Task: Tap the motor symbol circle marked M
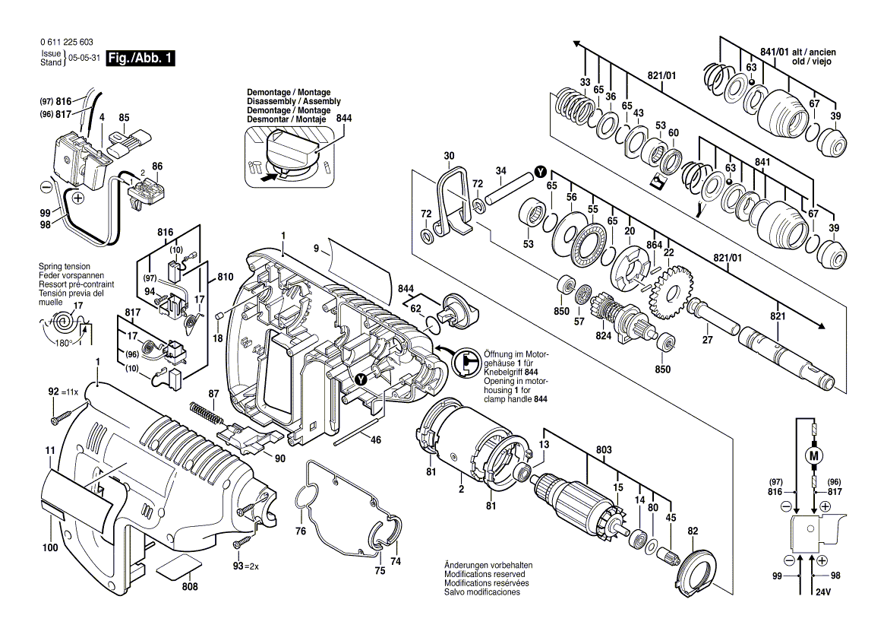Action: tap(814, 456)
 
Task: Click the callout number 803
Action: tap(604, 452)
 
